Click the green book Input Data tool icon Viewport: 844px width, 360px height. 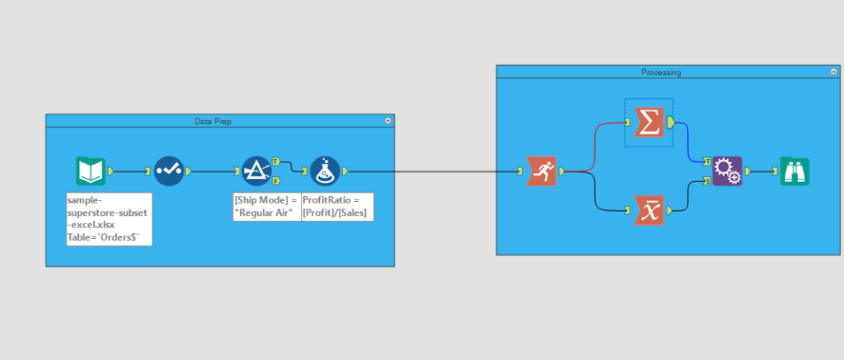[x=90, y=171]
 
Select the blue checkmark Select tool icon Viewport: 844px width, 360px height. [x=168, y=171]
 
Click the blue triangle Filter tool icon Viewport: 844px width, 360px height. [x=256, y=171]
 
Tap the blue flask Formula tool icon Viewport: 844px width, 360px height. [x=325, y=171]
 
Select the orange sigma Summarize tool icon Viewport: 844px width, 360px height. [x=648, y=123]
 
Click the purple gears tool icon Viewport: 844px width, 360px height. [x=727, y=171]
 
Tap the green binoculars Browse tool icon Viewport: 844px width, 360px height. [x=795, y=171]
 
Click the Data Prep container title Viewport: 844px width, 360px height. [x=213, y=121]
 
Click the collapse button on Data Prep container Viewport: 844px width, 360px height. [x=387, y=121]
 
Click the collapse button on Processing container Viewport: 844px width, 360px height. [x=834, y=72]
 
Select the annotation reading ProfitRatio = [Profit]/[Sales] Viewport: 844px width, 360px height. [x=336, y=206]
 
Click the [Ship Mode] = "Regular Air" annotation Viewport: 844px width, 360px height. [x=266, y=206]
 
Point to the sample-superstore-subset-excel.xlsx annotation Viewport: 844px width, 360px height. [x=108, y=218]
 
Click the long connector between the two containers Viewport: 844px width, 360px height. [x=445, y=172]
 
